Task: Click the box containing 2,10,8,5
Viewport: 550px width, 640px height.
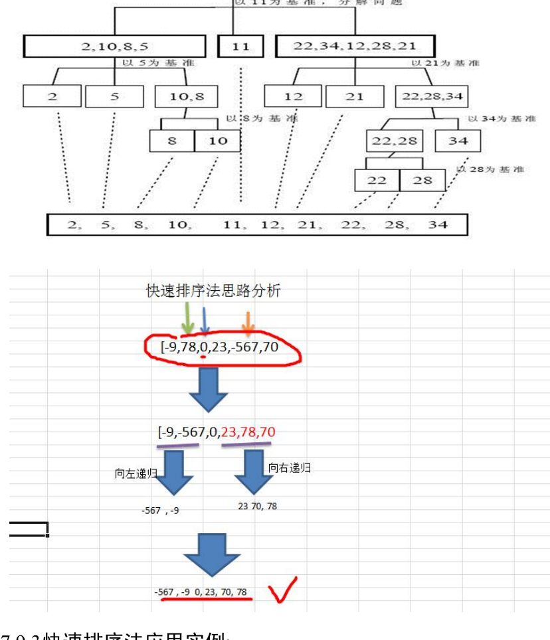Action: tap(114, 46)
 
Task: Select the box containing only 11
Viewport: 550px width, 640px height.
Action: tap(241, 46)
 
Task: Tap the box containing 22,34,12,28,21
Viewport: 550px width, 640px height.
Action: tap(355, 46)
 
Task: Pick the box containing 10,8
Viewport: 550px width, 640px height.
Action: tap(186, 96)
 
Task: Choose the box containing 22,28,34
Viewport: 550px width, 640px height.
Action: tap(432, 96)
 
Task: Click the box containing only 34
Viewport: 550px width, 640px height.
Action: tap(458, 141)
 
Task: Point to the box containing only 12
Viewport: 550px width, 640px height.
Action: tap(293, 96)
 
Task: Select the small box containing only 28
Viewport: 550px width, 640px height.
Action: tap(422, 180)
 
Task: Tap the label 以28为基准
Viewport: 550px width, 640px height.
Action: tap(490, 169)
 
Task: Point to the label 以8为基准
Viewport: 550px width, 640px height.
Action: tap(262, 119)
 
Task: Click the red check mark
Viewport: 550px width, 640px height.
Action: tap(282, 590)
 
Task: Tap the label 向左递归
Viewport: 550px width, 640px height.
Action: tap(136, 474)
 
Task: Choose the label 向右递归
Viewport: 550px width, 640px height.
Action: tap(290, 468)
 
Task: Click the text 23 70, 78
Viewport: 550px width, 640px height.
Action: tap(257, 506)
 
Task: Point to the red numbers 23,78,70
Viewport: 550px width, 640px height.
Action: tap(248, 432)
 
